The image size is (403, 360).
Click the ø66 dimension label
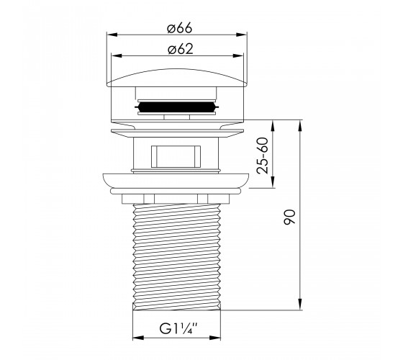pos(179,28)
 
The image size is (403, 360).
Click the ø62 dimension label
pos(180,49)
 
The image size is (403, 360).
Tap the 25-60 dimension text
pos(263,156)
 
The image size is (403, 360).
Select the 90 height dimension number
pos(289,217)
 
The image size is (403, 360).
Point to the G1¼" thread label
pos(178,328)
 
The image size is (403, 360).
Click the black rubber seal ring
pos(176,107)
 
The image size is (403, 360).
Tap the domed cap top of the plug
pos(177,78)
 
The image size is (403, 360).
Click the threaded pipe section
pos(177,257)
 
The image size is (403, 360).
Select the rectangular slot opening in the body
pos(176,157)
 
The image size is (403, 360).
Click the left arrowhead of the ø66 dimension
pos(112,35)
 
